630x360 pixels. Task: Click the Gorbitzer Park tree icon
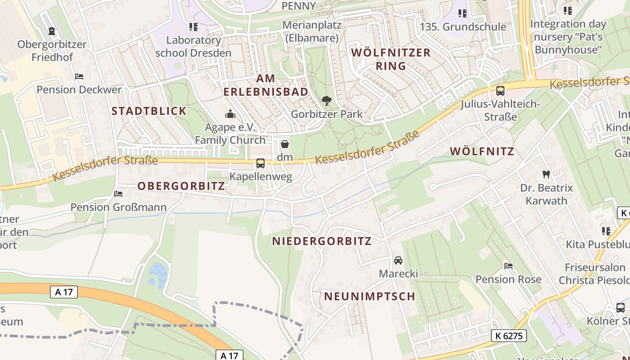coord(327,101)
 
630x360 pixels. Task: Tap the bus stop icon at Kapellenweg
coord(261,163)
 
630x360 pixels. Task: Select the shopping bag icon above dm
coord(284,144)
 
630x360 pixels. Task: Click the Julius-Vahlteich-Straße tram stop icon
coord(500,91)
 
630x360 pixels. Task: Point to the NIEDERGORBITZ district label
coord(322,241)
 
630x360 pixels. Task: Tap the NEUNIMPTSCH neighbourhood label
coord(369,296)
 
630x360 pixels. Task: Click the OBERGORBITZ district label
coord(181,186)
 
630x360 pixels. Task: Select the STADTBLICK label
coord(148,111)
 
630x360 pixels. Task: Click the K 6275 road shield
coord(508,335)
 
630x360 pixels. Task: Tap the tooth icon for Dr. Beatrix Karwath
coord(546,174)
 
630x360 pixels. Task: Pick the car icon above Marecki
coord(398,261)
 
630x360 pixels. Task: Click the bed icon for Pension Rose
coord(508,266)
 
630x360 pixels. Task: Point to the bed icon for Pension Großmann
coord(118,194)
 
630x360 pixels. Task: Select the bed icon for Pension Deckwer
coord(79,76)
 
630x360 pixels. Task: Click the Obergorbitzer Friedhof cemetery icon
coord(52,31)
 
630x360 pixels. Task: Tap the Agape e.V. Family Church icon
coord(230,113)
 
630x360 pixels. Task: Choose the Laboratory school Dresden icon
coord(193,27)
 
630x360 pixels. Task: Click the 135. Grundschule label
coord(463,27)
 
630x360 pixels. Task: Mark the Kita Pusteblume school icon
coord(606,231)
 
